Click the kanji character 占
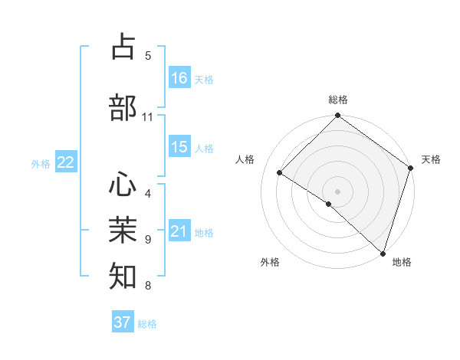click(123, 47)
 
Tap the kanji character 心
click(123, 183)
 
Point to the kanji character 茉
click(123, 229)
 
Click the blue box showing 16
click(179, 78)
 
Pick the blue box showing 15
click(179, 147)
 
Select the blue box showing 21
click(179, 231)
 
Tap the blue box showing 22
click(66, 162)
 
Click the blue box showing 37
click(123, 322)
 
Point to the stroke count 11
click(148, 117)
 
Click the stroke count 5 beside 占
click(148, 55)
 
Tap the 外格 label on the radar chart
click(270, 262)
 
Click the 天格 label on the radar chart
click(431, 159)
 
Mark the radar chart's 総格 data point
click(337, 116)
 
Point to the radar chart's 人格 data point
click(280, 173)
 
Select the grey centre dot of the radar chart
click(337, 191)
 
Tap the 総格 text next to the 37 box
click(147, 324)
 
